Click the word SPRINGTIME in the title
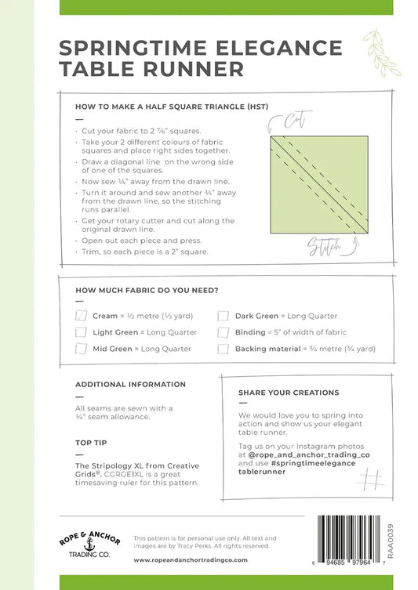tap(133, 48)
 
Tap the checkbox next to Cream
tap(81, 315)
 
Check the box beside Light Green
tap(81, 332)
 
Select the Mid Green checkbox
tap(81, 349)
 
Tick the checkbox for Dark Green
tap(223, 316)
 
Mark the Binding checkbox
tap(223, 332)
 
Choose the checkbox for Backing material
tap(223, 349)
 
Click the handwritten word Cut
tap(297, 119)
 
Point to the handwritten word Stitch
tap(325, 247)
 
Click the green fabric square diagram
tap(319, 185)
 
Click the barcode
tap(349, 541)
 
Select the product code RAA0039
tap(390, 541)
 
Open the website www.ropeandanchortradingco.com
tap(191, 560)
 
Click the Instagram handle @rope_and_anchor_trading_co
tap(309, 455)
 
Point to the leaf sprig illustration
tap(380, 52)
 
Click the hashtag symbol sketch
tap(370, 479)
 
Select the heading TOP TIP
tap(91, 443)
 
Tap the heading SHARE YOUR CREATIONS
tap(289, 393)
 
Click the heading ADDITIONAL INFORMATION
tap(130, 385)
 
